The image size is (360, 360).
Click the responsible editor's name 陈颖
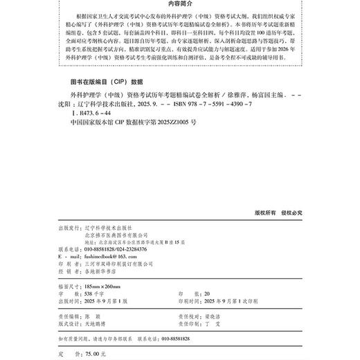click(91, 315)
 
